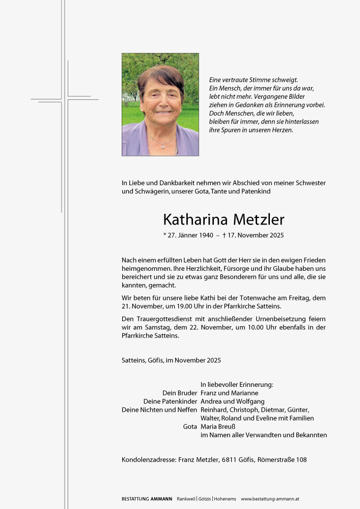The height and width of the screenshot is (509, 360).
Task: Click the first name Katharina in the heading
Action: (196, 220)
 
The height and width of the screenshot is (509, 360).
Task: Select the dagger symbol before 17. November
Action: (224, 235)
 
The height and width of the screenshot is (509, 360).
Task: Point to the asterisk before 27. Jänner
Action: (164, 235)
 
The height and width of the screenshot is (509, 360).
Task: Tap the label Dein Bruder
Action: (180, 393)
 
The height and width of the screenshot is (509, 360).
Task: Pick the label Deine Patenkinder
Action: (170, 401)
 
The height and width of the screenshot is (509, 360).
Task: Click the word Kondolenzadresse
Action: (149, 460)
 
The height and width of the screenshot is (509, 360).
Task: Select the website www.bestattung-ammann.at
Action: (270, 499)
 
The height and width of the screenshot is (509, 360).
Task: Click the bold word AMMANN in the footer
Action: (161, 499)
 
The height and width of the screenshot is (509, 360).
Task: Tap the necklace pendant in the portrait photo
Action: (162, 146)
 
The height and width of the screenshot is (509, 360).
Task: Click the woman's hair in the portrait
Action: (160, 75)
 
